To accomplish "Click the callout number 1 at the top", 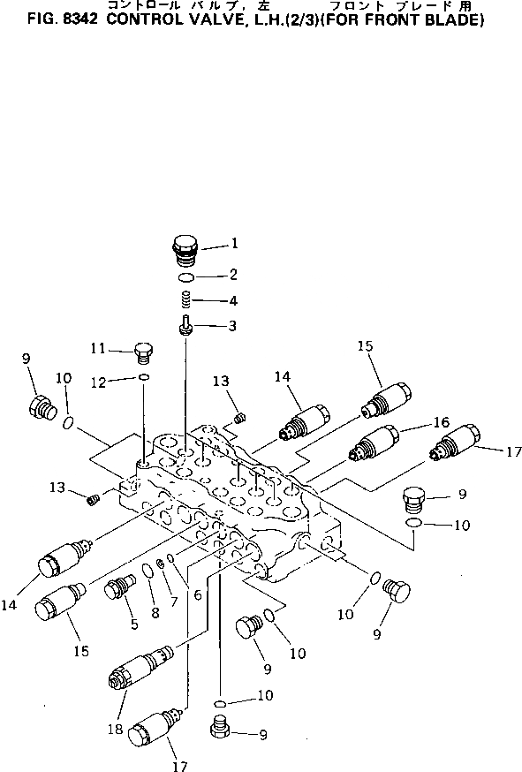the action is click(x=235, y=243).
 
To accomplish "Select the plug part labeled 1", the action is click(x=185, y=251).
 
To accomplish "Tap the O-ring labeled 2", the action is click(x=186, y=277).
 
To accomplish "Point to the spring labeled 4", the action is click(x=185, y=299).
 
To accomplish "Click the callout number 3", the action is click(x=232, y=326).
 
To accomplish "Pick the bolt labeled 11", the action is click(x=144, y=353).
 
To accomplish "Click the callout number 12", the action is click(x=99, y=382).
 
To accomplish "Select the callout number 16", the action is click(x=442, y=422).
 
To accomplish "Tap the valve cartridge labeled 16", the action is click(x=374, y=443).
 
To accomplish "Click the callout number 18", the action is click(x=115, y=729).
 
